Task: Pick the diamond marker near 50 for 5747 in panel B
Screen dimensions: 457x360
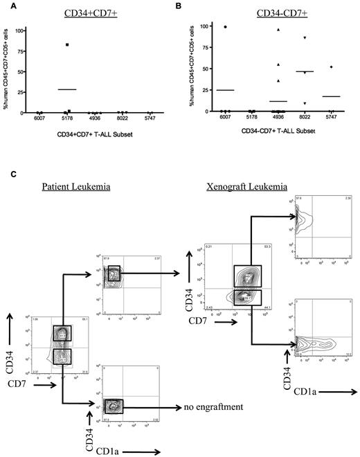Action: (332, 66)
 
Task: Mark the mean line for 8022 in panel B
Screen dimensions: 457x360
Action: (305, 71)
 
